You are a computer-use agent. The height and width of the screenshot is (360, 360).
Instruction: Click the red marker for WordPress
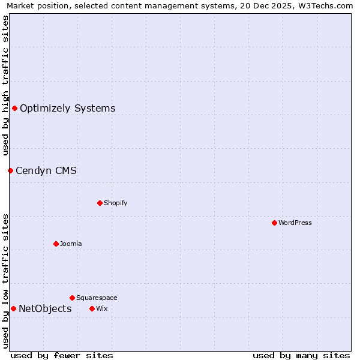pyautogui.click(x=274, y=223)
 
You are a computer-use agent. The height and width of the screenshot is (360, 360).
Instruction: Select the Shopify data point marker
pyautogui.click(x=100, y=203)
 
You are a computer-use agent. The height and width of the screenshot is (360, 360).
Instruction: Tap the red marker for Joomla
pyautogui.click(x=56, y=244)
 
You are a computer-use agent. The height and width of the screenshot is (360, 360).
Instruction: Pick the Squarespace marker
pyautogui.click(x=72, y=298)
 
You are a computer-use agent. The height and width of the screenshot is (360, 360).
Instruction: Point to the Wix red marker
pyautogui.click(x=92, y=308)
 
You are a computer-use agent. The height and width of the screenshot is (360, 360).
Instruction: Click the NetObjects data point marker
pyautogui.click(x=13, y=308)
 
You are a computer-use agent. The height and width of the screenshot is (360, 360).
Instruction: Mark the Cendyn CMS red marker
pyautogui.click(x=10, y=170)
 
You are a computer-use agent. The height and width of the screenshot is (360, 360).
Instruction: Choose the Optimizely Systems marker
pyautogui.click(x=14, y=108)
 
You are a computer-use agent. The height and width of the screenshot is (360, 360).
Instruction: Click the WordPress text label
pyautogui.click(x=295, y=223)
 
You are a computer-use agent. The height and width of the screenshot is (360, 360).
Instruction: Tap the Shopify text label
pyautogui.click(x=116, y=203)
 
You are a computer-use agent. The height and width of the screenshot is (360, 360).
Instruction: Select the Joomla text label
pyautogui.click(x=71, y=244)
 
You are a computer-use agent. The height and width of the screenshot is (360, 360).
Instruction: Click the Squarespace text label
pyautogui.click(x=97, y=298)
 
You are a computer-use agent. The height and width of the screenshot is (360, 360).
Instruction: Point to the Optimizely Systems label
pyautogui.click(x=68, y=108)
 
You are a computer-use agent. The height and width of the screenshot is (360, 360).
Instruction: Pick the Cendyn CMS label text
pyautogui.click(x=46, y=170)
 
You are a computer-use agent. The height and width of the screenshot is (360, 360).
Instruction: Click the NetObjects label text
pyautogui.click(x=45, y=308)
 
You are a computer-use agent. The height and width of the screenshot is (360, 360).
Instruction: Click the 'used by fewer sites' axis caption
pyautogui.click(x=62, y=355)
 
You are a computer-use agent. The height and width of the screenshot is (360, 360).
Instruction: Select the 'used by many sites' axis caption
pyautogui.click(x=301, y=355)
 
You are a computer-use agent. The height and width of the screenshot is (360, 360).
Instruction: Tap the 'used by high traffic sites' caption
pyautogui.click(x=5, y=85)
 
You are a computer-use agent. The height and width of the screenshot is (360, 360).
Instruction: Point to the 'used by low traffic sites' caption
pyautogui.click(x=5, y=281)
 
